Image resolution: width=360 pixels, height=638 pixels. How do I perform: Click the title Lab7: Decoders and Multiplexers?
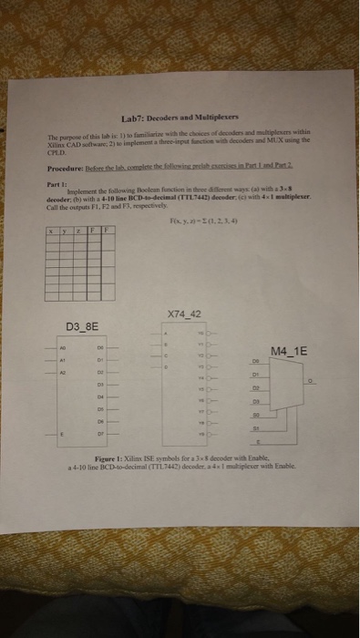[180, 118]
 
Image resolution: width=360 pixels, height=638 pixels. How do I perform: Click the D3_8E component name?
[85, 325]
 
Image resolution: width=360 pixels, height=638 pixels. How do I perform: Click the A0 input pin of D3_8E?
[64, 347]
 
